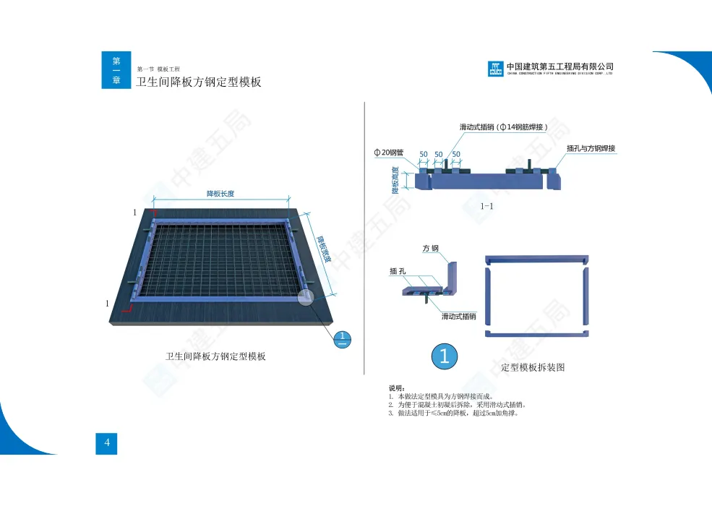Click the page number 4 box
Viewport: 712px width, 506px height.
tap(106, 443)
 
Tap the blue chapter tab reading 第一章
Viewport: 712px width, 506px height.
tap(116, 70)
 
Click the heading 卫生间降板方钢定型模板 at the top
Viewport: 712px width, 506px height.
tap(199, 82)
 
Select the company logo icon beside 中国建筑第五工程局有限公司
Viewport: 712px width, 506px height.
tap(495, 69)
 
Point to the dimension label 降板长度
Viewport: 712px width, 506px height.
tap(220, 194)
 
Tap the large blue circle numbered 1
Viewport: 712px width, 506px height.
tap(445, 356)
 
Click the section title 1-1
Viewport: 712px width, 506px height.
tap(487, 207)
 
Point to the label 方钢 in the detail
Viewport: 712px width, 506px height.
tap(431, 248)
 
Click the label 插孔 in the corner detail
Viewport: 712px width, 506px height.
tap(398, 272)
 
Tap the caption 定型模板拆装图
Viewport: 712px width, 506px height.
tap(533, 367)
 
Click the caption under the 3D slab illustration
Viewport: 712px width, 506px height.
tap(215, 356)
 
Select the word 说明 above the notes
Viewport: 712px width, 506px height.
tap(397, 389)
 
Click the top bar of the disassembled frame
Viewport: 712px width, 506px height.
tap(536, 259)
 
